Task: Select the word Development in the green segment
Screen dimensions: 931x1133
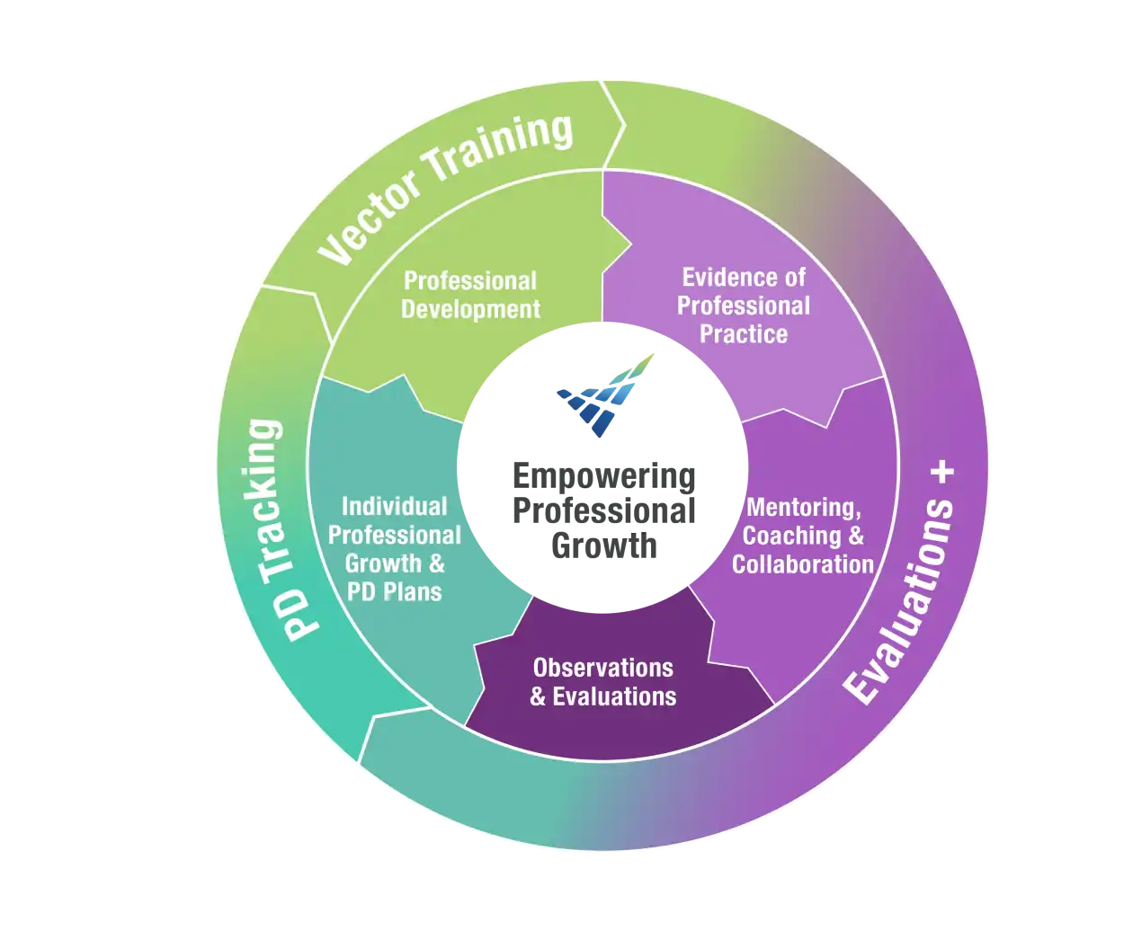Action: (470, 309)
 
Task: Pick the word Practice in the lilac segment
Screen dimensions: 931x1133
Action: (744, 334)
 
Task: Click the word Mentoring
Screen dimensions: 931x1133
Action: (804, 507)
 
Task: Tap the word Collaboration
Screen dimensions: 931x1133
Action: (803, 564)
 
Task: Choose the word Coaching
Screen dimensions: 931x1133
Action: (792, 536)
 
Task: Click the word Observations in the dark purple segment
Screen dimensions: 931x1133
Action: (602, 668)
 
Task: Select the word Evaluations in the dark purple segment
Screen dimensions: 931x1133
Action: (615, 696)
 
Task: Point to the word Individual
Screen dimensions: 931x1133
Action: (394, 507)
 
